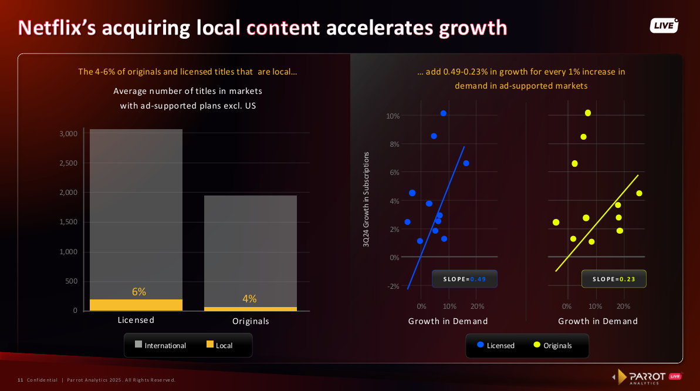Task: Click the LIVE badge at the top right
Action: [664, 25]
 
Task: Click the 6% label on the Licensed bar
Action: [139, 292]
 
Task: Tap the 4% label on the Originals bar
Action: [249, 299]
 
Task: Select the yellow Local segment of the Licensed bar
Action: [136, 305]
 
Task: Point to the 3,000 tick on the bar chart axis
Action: [69, 133]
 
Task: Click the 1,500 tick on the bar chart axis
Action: [69, 222]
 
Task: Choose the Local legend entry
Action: [219, 345]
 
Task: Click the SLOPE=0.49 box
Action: [465, 279]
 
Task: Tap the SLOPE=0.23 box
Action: [614, 279]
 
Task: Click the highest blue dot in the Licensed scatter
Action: [444, 113]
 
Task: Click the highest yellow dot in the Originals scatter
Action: [588, 113]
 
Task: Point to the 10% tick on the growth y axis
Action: [393, 116]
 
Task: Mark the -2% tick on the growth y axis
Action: [393, 286]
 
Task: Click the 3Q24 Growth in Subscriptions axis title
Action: [366, 200]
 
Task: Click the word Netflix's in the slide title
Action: [56, 28]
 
